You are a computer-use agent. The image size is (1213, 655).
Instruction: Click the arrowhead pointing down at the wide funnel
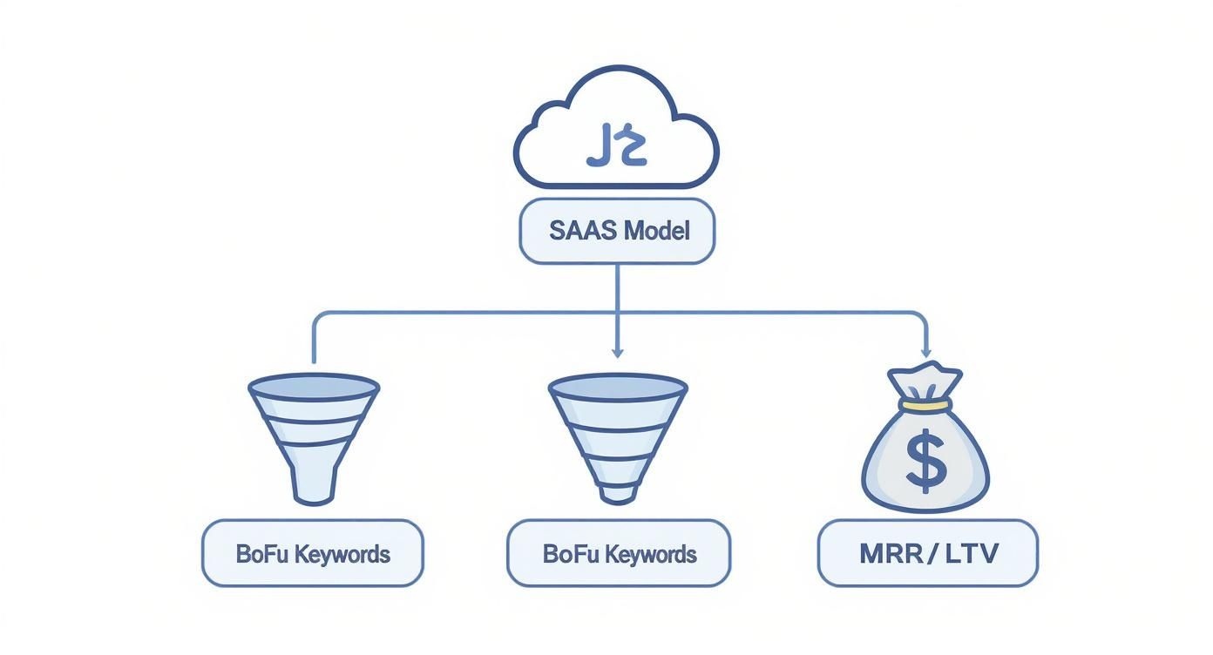point(617,351)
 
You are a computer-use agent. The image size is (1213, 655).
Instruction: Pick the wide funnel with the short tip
point(617,436)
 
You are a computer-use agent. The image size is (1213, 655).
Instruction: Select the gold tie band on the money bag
point(925,405)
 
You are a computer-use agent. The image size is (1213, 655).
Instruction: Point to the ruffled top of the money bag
point(925,381)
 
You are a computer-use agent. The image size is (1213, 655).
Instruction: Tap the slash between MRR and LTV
point(932,553)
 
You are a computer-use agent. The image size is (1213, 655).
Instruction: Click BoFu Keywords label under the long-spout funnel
point(313,553)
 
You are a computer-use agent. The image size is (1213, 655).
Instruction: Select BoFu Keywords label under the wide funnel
point(619,553)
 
